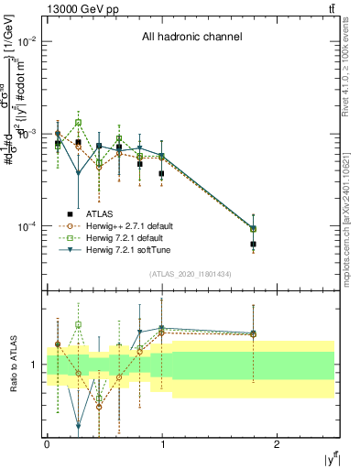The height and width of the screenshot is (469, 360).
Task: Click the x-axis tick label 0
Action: click(47, 444)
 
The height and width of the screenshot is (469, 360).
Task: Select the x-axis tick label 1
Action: click(162, 444)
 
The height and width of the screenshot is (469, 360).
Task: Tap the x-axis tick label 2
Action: click(277, 444)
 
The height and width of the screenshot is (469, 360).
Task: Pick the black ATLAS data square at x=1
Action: click(161, 173)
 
